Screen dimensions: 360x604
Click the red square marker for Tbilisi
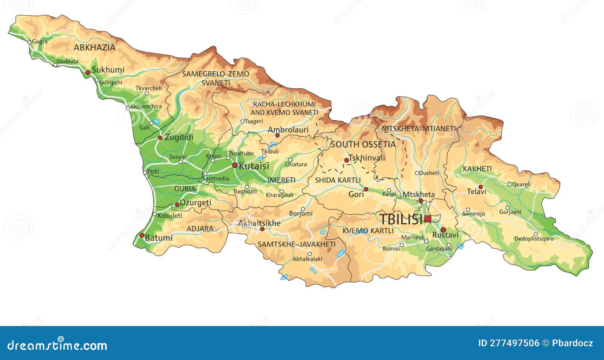coord(427,219)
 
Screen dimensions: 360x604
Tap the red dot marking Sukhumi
coord(88,72)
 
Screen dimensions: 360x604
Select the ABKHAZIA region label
coord(94,48)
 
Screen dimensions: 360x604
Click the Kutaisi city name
coord(254,166)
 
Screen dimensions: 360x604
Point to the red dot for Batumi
coord(142,235)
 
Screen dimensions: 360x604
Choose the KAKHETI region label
coord(477,169)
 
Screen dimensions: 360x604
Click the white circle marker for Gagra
coord(29,42)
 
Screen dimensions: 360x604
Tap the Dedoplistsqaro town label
coord(534,239)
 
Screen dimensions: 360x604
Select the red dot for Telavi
coord(481,187)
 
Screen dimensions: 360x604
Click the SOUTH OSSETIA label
coord(363,145)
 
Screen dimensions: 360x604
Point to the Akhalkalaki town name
coord(307,259)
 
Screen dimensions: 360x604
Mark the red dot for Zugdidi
coord(160,138)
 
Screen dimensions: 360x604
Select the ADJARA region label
coord(200,229)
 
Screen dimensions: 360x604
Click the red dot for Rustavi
coord(443,230)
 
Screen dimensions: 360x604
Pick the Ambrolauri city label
coord(288,130)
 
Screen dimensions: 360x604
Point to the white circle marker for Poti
coord(145,172)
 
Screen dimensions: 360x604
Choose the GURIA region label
coord(185,189)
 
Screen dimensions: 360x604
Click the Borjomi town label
coord(300,214)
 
